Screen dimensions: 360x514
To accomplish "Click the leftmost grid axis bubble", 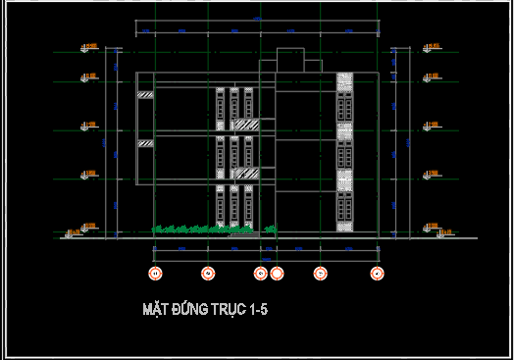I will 154,273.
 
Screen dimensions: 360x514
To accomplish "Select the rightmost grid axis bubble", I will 376,273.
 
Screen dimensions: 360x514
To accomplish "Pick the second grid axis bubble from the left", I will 207,273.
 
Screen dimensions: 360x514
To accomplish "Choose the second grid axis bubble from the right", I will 319,273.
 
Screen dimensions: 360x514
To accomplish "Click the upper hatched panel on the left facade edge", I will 145,95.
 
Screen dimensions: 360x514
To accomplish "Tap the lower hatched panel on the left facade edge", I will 145,143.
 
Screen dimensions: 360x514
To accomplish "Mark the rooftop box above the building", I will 291,58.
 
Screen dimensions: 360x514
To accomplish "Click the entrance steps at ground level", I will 244,231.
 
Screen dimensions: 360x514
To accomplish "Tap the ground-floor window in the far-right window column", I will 344,206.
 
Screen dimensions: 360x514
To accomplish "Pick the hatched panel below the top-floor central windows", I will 245,124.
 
